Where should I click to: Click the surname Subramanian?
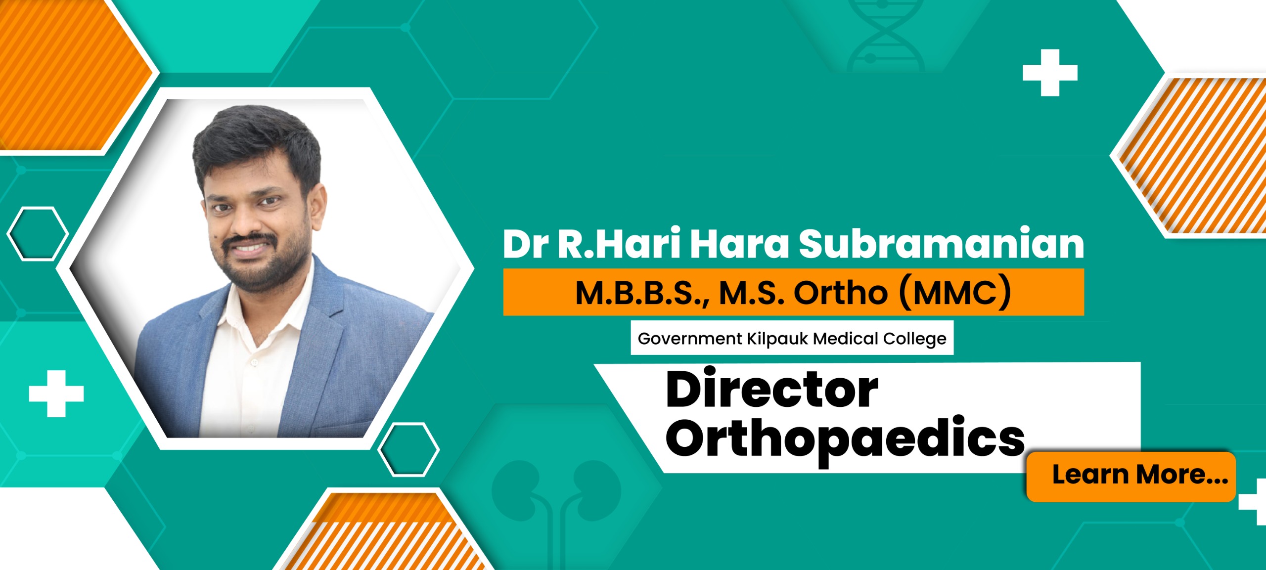[x=941, y=244]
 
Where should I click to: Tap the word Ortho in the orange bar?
[x=841, y=293]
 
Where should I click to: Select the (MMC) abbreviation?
[x=955, y=293]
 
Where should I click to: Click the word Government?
[x=690, y=339]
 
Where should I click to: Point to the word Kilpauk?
[x=777, y=339]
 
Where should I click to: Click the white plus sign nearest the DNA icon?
[x=1050, y=73]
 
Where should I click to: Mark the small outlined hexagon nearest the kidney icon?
[x=408, y=449]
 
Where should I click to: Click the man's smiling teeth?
[x=252, y=246]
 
